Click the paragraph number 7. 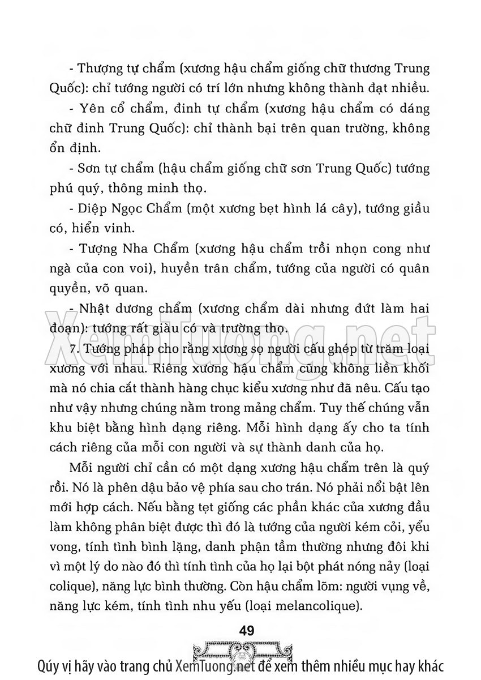[72, 348]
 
